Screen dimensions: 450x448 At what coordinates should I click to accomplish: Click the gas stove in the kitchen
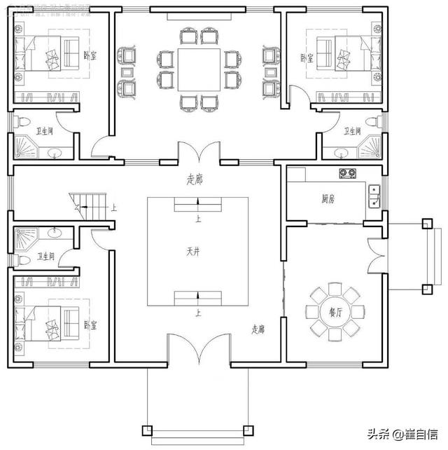(345, 172)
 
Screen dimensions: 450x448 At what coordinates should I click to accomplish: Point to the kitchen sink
(374, 197)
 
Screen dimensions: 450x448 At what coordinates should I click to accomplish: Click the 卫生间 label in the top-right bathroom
(351, 131)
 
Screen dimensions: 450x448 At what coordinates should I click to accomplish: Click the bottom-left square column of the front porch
(146, 429)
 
